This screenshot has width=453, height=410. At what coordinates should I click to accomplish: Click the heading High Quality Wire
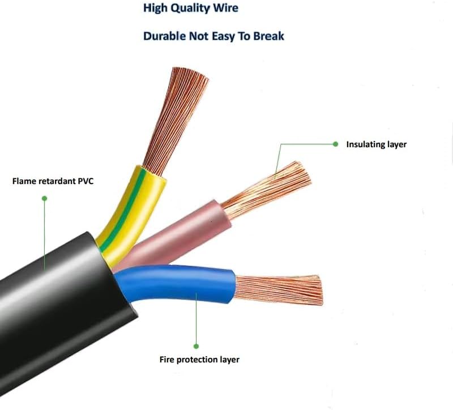(x=190, y=8)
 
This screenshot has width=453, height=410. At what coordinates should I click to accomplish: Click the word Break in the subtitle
(x=267, y=36)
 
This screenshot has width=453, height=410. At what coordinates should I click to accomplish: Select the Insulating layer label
(x=376, y=144)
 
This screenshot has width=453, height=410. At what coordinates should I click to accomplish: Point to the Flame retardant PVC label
(x=53, y=182)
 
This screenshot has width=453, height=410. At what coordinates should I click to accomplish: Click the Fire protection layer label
(x=199, y=360)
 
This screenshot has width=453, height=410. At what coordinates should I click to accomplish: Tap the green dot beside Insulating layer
(x=335, y=144)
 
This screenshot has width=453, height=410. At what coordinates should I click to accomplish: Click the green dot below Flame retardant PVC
(x=44, y=198)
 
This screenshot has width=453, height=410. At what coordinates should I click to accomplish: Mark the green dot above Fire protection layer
(x=196, y=345)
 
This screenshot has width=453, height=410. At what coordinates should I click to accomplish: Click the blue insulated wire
(x=181, y=280)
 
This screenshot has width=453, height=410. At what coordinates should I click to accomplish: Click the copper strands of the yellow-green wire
(x=176, y=113)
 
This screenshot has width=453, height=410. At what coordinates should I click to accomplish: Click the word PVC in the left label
(x=83, y=182)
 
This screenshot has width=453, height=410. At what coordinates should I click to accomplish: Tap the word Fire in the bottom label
(x=167, y=360)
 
